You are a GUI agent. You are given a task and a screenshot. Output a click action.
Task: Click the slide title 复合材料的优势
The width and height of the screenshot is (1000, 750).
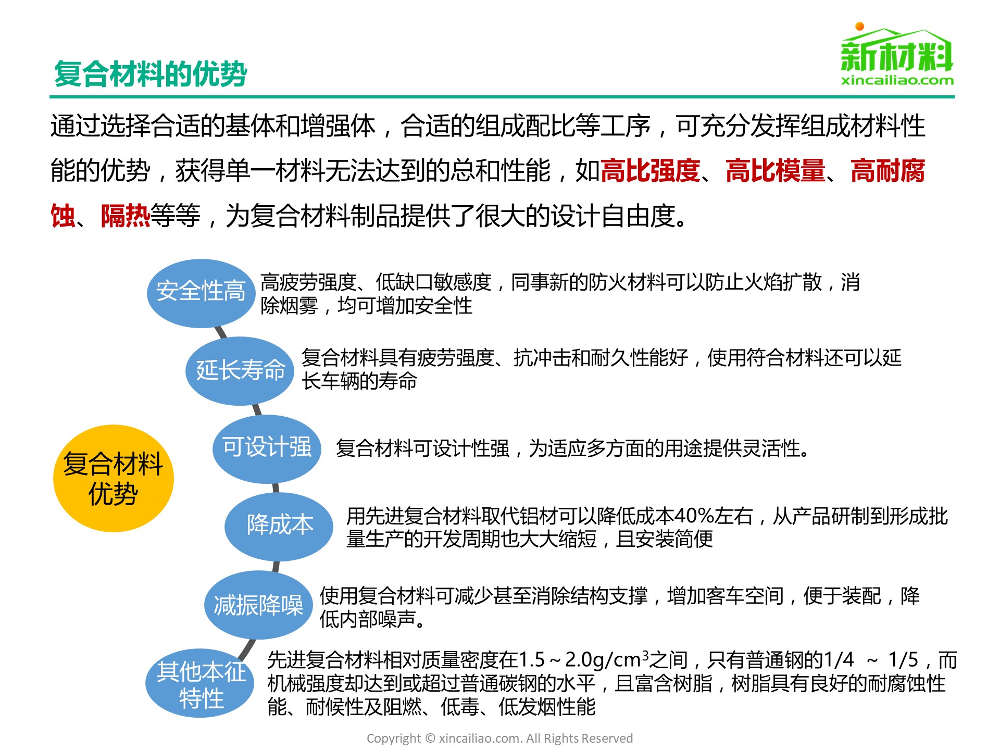[151, 73]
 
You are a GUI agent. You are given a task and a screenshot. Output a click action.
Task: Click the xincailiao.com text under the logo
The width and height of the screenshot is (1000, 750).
[897, 80]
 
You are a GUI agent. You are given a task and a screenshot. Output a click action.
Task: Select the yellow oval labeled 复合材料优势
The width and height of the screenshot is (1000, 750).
[114, 478]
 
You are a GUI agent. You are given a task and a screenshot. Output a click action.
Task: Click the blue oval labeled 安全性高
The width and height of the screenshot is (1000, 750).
[201, 293]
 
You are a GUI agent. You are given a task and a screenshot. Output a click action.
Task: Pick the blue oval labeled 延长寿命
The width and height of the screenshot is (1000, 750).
[240, 371]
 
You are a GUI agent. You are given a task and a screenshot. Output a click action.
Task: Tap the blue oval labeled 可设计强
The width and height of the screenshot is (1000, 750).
[267, 448]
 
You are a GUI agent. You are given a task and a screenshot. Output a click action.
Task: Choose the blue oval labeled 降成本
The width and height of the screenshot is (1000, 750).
[279, 526]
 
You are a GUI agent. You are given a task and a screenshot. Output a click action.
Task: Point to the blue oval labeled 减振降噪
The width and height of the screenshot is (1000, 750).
[258, 605]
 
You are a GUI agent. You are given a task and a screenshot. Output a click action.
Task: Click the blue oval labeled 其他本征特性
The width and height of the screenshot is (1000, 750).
[201, 683]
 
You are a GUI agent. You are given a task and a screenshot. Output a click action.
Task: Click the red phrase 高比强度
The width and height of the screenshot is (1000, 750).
[650, 171]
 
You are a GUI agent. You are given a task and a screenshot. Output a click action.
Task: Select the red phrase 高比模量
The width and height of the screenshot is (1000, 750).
[776, 171]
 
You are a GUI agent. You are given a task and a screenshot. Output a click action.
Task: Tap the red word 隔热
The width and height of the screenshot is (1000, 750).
[126, 216]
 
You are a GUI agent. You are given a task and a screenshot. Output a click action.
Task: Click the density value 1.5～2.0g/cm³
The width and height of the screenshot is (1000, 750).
[584, 660]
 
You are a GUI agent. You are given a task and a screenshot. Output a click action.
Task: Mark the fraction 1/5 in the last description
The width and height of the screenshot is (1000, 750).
[903, 660]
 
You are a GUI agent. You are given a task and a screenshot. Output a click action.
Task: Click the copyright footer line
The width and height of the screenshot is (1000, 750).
[500, 738]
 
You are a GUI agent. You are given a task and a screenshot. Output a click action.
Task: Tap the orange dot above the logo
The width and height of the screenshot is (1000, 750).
[860, 26]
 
